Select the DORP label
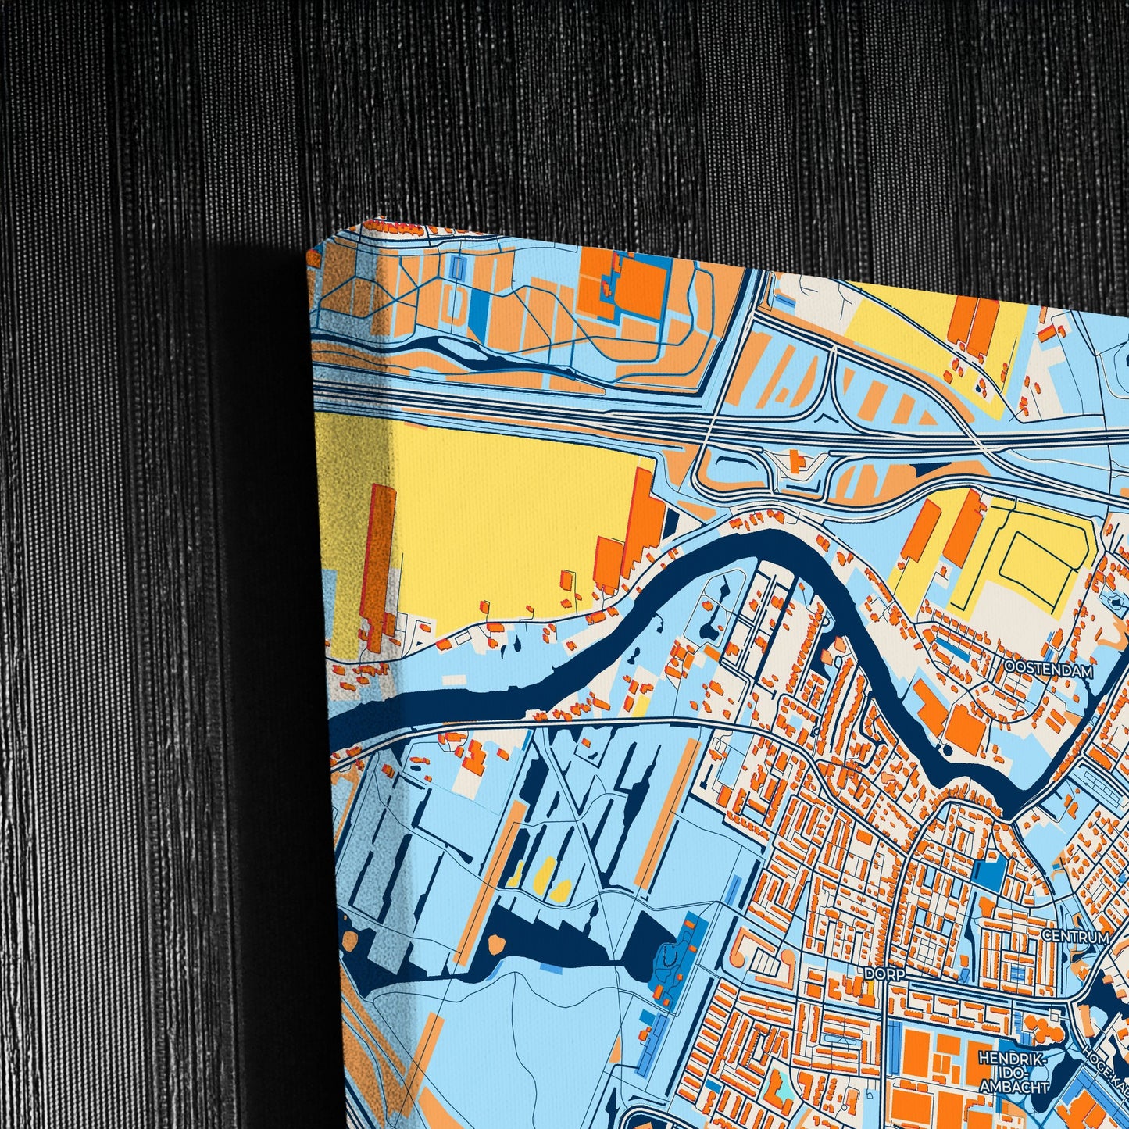pyautogui.click(x=884, y=975)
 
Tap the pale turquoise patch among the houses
pyautogui.click(x=782, y=1082)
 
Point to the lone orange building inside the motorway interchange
pyautogui.click(x=797, y=461)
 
